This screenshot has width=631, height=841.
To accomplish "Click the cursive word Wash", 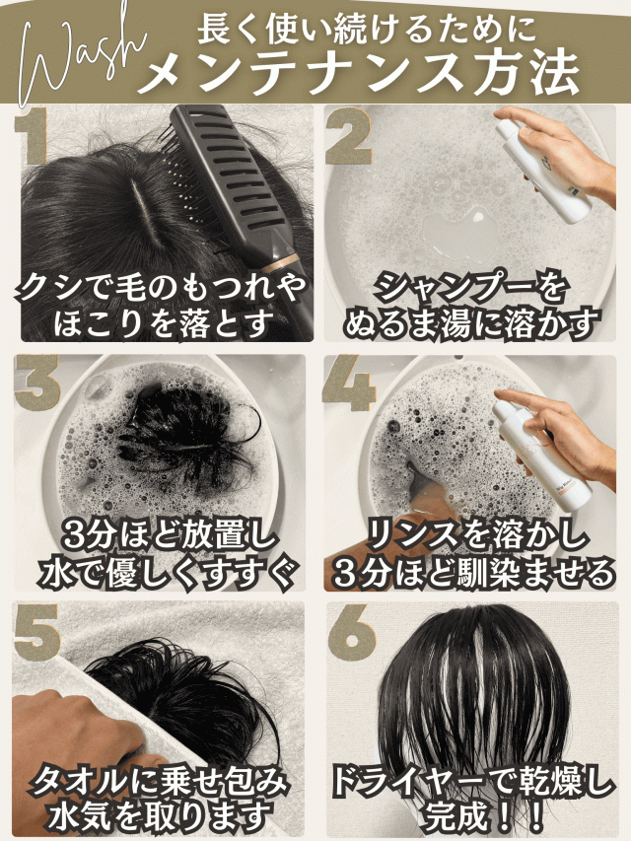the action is [x=81, y=59].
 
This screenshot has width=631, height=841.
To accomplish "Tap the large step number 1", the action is [x=33, y=135].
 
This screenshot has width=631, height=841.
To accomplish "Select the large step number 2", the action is [x=349, y=135].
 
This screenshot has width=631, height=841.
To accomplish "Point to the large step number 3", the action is [x=36, y=382].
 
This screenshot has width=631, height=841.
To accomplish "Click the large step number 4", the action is [x=349, y=382].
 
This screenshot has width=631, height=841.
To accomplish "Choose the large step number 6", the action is [x=352, y=632].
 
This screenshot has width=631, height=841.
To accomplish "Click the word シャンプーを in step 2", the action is [x=470, y=288].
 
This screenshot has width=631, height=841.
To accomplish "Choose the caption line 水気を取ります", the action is [x=160, y=817].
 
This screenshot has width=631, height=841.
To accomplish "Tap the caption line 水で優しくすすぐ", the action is [x=168, y=574].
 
